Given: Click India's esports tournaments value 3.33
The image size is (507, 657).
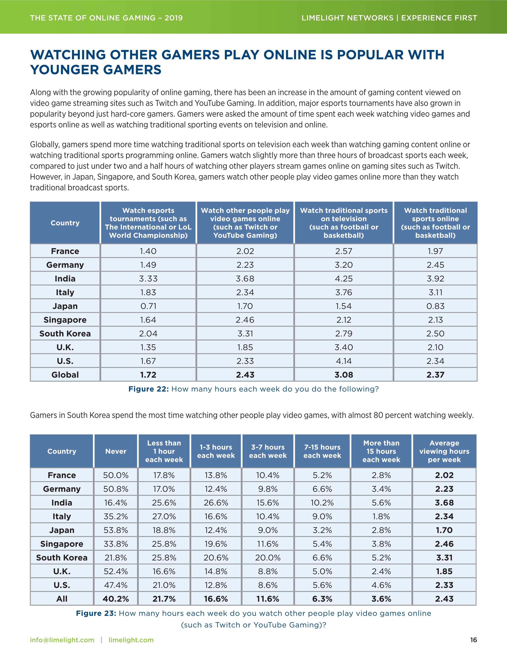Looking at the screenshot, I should click(x=148, y=279).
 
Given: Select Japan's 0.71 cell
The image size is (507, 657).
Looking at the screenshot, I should click(x=148, y=306).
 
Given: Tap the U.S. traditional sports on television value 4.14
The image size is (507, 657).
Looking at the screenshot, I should click(x=344, y=361).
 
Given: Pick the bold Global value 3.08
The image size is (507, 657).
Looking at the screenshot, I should click(x=344, y=375).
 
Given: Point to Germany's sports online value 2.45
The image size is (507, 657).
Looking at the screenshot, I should click(x=435, y=265).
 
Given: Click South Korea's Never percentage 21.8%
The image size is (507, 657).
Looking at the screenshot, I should click(x=116, y=557).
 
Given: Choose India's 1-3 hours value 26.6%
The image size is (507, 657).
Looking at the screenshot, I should click(x=216, y=503).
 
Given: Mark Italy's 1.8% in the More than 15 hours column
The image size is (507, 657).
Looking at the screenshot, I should click(x=381, y=516).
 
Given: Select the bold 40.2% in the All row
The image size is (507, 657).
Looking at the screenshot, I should click(x=116, y=599).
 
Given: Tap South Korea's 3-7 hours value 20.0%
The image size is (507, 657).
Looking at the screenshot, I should click(x=268, y=557).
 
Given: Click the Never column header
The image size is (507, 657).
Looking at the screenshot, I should click(x=116, y=451).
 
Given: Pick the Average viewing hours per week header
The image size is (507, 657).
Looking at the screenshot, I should click(x=444, y=451).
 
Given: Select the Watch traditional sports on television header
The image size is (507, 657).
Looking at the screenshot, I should click(x=344, y=223).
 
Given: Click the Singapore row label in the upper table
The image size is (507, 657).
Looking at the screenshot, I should click(x=65, y=320).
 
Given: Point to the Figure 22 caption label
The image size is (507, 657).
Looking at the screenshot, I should click(x=148, y=389).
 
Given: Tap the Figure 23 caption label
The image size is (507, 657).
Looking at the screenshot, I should click(x=96, y=613).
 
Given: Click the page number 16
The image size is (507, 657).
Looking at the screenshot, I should click(x=473, y=640).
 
